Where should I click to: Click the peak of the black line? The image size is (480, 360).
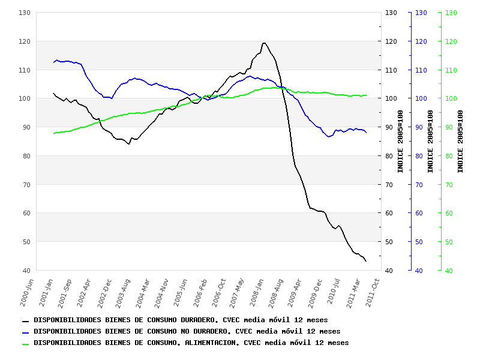pyautogui.click(x=263, y=43)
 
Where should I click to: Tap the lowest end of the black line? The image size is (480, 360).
pyautogui.click(x=366, y=261)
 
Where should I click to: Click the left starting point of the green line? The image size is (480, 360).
pyautogui.click(x=53, y=133)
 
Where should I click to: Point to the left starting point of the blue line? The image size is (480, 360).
pyautogui.click(x=53, y=62)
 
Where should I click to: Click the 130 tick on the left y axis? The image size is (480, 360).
pyautogui.click(x=25, y=13)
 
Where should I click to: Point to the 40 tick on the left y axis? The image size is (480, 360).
pyautogui.click(x=26, y=271)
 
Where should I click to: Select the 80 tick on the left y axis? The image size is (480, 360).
pyautogui.click(x=26, y=156)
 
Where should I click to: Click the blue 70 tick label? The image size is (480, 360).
pyautogui.click(x=421, y=185)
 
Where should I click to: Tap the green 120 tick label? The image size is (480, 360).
pyautogui.click(x=451, y=41)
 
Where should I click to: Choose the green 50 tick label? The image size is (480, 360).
pyautogui.click(x=451, y=242)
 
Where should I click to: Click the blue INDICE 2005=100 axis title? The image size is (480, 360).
pyautogui.click(x=431, y=142)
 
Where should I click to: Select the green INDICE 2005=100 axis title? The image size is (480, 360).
pyautogui.click(x=461, y=142)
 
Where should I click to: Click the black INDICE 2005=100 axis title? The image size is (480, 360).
pyautogui.click(x=401, y=142)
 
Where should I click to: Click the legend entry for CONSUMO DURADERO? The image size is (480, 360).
pyautogui.click(x=180, y=320)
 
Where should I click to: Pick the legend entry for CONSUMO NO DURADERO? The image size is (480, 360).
pyautogui.click(x=186, y=331)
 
